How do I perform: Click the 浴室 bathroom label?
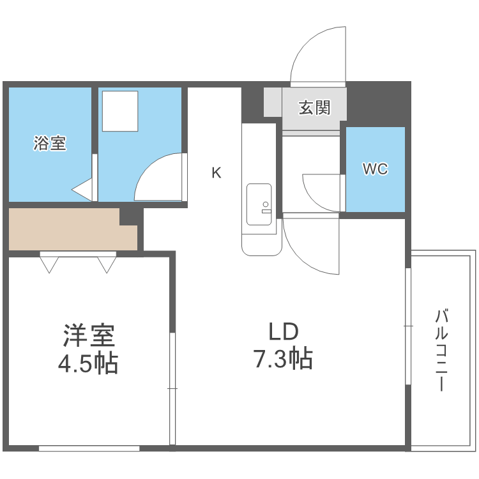pyautogui.click(x=50, y=144)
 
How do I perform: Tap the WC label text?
pyautogui.click(x=375, y=169)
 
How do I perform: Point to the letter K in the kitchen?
pyautogui.click(x=217, y=172)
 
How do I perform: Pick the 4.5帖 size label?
pyautogui.click(x=88, y=364)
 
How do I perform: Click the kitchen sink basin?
pyautogui.click(x=259, y=204)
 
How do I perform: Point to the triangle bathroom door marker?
pyautogui.click(x=83, y=190)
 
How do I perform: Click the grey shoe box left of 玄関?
pyautogui.click(x=273, y=102)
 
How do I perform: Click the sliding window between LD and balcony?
pyautogui.click(x=408, y=326)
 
